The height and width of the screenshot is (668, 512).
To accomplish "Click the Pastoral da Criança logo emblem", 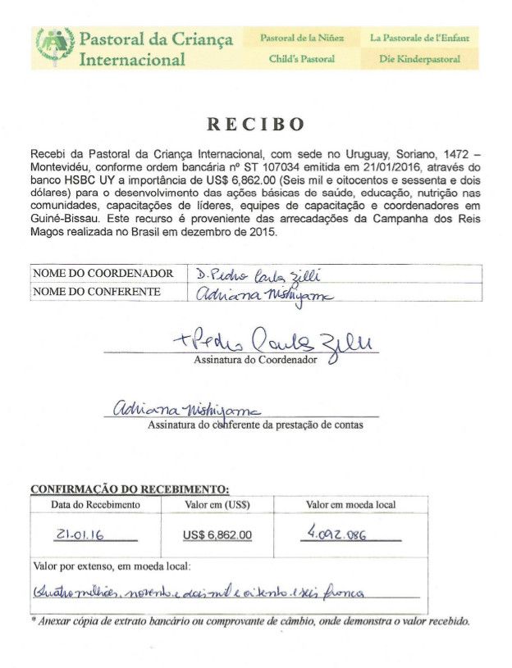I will [54, 48].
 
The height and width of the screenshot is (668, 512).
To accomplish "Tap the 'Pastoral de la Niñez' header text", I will [302, 38].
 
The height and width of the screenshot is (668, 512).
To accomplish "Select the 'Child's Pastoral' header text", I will [302, 59].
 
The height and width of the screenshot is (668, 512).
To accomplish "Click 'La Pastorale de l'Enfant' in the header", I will [419, 38].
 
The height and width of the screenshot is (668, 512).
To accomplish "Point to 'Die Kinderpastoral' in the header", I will [419, 59].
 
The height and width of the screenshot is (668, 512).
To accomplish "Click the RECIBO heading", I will [255, 125].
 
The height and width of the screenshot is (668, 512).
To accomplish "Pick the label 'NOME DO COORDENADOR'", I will [103, 273].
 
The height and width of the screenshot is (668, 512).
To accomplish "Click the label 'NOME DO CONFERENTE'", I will [97, 291].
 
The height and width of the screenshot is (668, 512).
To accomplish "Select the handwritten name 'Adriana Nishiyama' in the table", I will [249, 293].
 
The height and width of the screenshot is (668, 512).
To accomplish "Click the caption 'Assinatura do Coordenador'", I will [254, 360].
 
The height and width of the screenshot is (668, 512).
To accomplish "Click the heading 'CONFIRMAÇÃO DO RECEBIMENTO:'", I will [130, 489].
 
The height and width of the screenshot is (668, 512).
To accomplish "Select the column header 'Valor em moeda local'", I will [350, 505].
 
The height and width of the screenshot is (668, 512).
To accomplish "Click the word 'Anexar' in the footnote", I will [57, 621].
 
